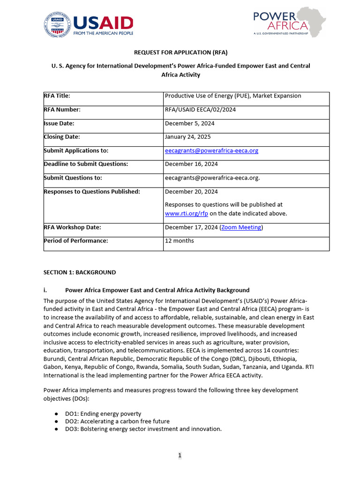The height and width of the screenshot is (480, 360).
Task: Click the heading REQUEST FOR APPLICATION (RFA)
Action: [180, 52]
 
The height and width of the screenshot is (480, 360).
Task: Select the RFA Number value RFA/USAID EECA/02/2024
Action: [200, 110]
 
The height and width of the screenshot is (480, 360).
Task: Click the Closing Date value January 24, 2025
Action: [187, 137]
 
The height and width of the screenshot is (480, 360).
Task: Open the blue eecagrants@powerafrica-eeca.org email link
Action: [211, 150]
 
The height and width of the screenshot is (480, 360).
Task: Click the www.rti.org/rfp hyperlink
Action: [186, 213]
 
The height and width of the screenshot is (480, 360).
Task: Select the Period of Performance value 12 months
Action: [179, 240]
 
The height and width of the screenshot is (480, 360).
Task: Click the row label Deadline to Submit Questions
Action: [86, 164]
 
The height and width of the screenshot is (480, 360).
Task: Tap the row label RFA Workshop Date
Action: [72, 227]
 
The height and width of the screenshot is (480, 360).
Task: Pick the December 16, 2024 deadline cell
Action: [191, 164]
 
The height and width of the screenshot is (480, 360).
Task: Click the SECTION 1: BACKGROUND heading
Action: [80, 272]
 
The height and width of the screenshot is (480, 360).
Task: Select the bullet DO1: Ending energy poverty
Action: [103, 414]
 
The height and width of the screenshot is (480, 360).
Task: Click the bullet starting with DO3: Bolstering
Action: [143, 429]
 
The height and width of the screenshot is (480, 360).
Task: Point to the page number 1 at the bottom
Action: [180, 455]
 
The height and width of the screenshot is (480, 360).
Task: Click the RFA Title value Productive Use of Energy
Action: [233, 96]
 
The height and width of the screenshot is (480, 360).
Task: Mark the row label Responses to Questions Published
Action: [92, 191]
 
